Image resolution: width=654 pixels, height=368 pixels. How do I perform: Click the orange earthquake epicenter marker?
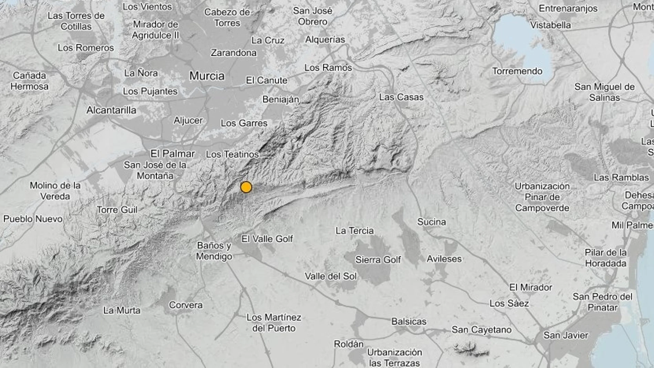tap(246, 187)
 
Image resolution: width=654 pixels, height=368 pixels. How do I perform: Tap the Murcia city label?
tap(207, 76)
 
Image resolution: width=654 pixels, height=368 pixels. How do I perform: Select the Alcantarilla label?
tap(111, 110)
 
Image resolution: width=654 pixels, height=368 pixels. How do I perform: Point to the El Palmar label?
tap(172, 154)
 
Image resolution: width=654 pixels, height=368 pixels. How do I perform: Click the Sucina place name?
tap(431, 222)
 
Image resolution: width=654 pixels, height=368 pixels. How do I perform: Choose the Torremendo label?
tap(517, 71)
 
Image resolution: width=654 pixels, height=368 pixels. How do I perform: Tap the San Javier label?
tap(566, 335)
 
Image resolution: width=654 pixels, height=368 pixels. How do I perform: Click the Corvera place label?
tap(186, 305)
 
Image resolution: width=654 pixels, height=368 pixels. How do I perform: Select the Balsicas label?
tap(409, 322)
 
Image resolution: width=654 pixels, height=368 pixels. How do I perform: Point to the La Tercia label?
tap(355, 231)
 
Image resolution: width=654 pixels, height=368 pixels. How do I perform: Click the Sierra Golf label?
tap(378, 260)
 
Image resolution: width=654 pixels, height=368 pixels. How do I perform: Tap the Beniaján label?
tap(281, 99)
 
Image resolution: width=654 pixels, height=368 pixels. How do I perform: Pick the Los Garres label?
tap(244, 123)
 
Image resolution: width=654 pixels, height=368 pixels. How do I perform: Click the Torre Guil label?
tap(117, 210)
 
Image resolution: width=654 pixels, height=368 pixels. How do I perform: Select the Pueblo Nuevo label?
tap(33, 219)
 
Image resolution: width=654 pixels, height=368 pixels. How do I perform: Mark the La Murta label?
tap(122, 311)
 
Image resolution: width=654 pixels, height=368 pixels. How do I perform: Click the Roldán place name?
tap(349, 344)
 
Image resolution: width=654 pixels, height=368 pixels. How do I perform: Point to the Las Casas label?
tap(401, 97)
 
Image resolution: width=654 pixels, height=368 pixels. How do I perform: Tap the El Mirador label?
tap(530, 287)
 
